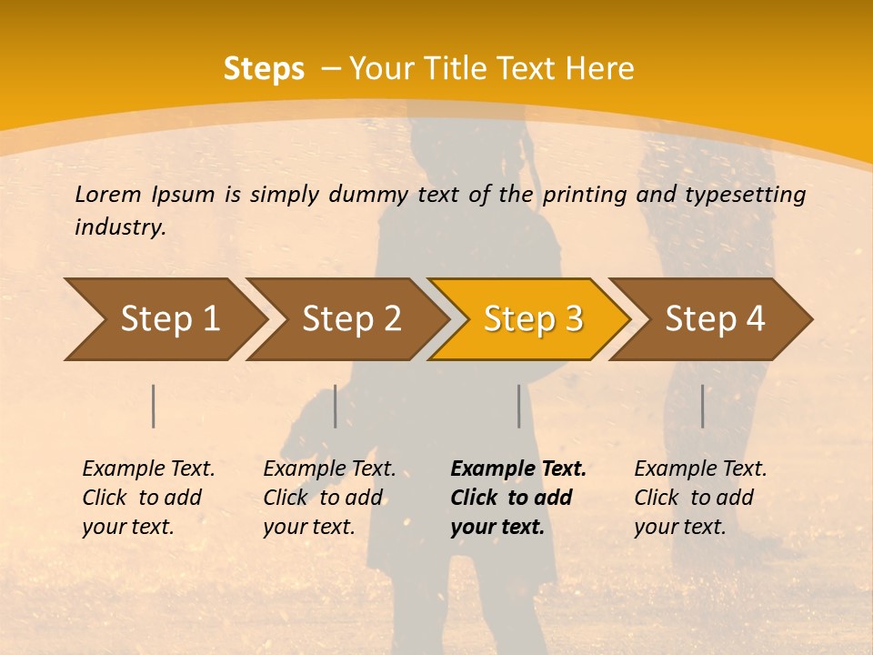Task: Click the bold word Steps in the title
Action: pos(264,69)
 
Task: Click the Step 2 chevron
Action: pos(350,318)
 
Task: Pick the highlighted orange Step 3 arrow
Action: pos(531,318)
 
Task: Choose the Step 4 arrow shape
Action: pos(714,318)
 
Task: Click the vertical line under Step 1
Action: pos(154,406)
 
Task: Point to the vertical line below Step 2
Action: pos(336,406)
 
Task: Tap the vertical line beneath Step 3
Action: pos(519,406)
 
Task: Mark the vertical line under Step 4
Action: pos(703,406)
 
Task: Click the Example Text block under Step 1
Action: pos(148,498)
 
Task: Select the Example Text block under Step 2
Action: pos(329,498)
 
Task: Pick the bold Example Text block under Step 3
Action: pos(517,498)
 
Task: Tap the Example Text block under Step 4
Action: pos(700,498)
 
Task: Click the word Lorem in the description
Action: pos(108,194)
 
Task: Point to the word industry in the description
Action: pos(120,227)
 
